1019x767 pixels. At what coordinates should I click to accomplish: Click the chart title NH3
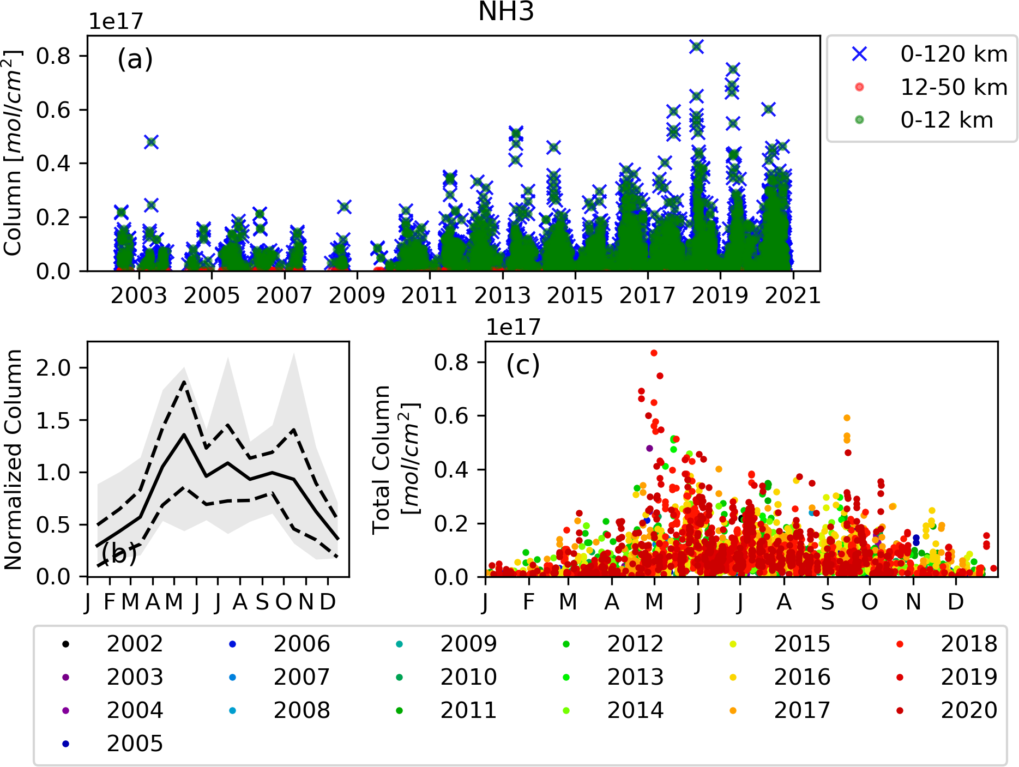pos(506,12)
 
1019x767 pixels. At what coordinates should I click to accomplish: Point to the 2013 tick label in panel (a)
pos(502,295)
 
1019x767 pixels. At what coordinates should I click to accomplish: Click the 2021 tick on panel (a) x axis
pos(792,295)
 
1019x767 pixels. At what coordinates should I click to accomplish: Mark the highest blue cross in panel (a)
pos(696,47)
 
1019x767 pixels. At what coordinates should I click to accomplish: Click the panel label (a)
pos(135,59)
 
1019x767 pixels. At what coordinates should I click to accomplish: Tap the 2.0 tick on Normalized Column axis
pos(53,368)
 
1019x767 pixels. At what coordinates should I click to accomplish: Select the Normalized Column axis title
pos(13,460)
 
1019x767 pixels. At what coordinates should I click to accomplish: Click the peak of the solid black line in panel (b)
pos(184,434)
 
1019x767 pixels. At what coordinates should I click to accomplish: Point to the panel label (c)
pos(523,365)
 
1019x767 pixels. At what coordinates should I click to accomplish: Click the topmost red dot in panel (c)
pos(654,353)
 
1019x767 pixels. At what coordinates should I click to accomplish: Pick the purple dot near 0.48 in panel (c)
pos(649,448)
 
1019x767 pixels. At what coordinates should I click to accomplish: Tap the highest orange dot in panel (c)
pos(847,418)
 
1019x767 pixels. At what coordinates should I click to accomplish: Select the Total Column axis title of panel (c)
pos(397,460)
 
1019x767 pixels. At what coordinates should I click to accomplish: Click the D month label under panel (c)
pos(955,602)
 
